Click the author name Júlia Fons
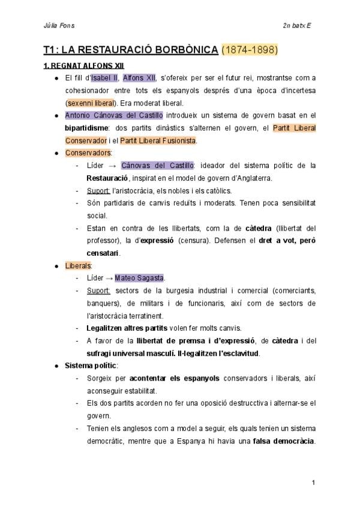tap(59, 26)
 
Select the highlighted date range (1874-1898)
tap(250, 50)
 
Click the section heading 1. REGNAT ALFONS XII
tap(83, 65)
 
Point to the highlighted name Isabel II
tap(104, 77)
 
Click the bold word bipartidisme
tap(86, 128)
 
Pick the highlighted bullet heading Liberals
tap(78, 266)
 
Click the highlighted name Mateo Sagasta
tap(139, 278)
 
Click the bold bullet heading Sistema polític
tap(91, 366)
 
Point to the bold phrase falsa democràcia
tap(284, 441)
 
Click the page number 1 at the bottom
tap(314, 483)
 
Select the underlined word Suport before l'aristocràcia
tap(98, 190)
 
